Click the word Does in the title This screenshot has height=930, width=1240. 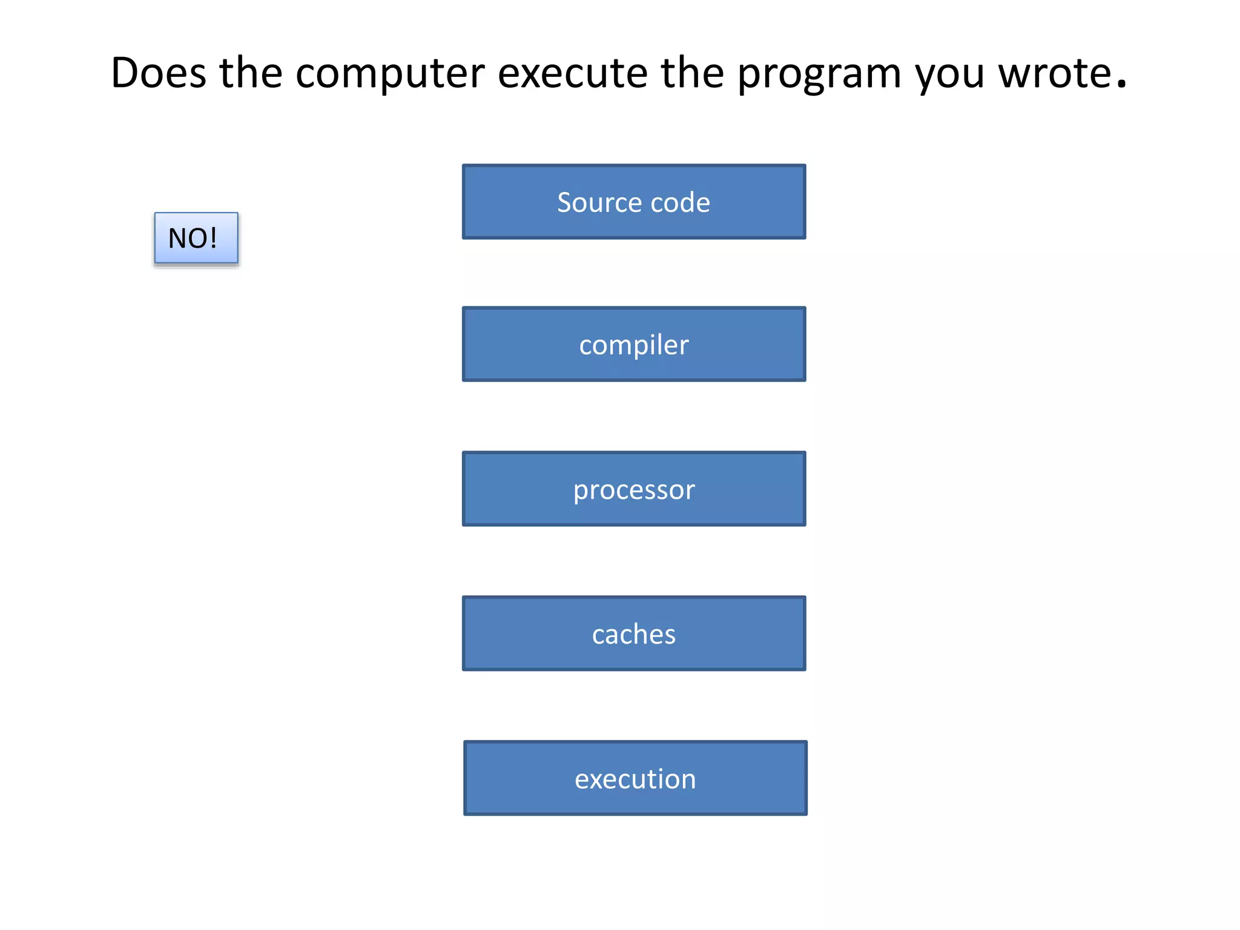click(159, 73)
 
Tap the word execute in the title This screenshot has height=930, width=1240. click(572, 73)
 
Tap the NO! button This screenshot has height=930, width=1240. click(196, 238)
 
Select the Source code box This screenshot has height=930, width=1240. click(634, 202)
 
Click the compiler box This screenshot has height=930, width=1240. click(634, 345)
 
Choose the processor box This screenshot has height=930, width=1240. click(634, 489)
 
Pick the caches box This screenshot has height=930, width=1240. click(634, 634)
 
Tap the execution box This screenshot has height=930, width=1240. click(635, 779)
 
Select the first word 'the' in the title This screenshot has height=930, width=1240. click(251, 73)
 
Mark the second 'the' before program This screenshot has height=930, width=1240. click(692, 73)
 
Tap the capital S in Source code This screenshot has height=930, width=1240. click(564, 202)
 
